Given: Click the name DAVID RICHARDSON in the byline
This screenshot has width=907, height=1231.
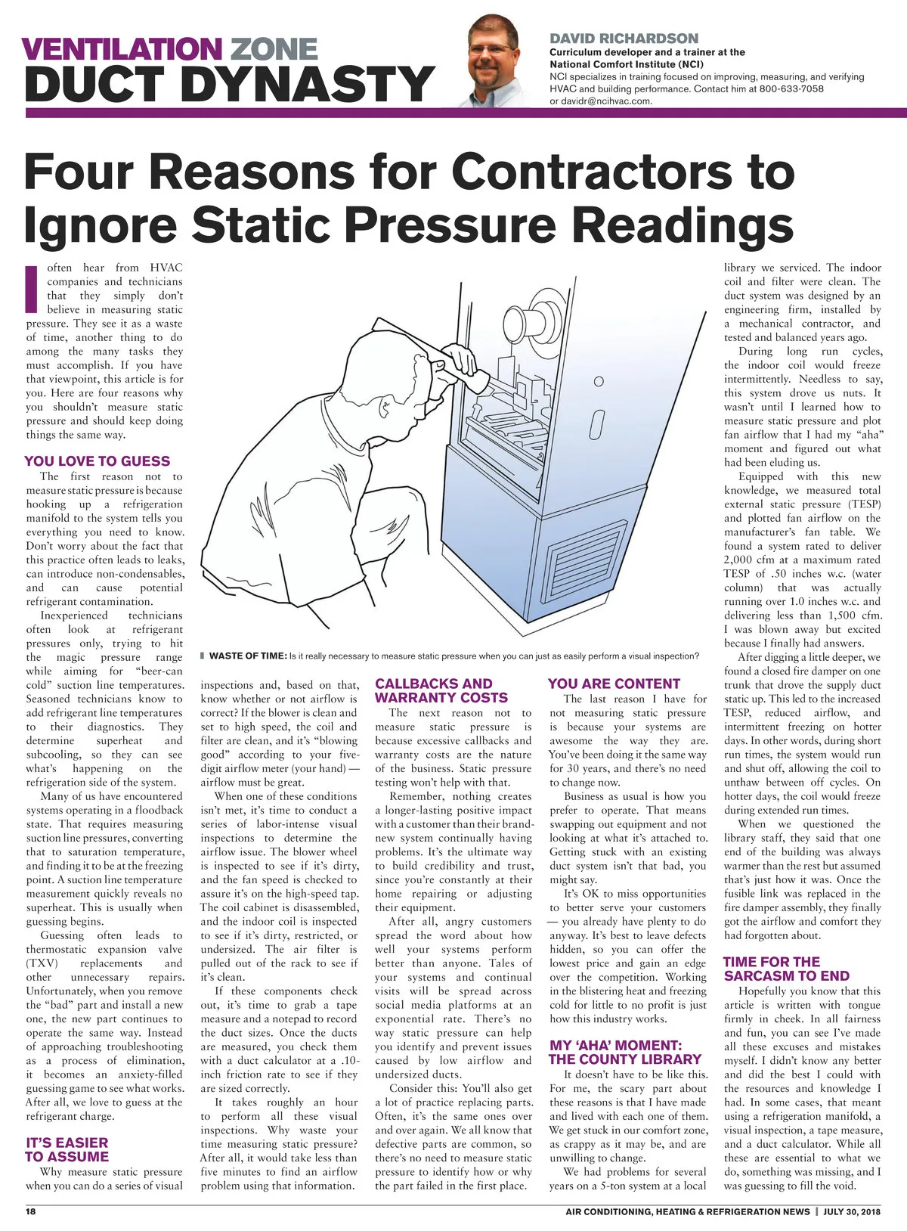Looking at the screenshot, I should click(x=624, y=38).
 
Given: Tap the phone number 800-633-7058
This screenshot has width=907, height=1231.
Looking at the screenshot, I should click(x=791, y=88).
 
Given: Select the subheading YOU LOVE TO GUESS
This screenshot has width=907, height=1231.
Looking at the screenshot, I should click(x=98, y=461).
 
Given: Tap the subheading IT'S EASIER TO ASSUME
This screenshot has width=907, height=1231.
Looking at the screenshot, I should click(x=67, y=1149).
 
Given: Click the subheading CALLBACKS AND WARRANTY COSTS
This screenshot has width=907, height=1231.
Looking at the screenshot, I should click(x=441, y=690).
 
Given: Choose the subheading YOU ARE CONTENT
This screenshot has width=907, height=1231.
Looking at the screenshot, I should click(x=614, y=684).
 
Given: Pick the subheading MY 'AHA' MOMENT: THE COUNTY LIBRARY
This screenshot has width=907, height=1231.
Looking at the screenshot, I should click(x=625, y=1052).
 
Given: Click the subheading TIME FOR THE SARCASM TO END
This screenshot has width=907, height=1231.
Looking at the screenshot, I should click(x=786, y=969).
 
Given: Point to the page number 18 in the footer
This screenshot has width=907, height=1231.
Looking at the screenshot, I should click(x=31, y=1211).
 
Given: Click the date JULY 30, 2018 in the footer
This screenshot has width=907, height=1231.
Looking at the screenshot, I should click(x=852, y=1211).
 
